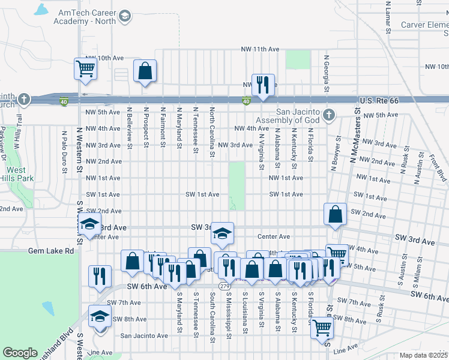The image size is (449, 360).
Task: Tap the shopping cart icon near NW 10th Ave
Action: click(x=85, y=68)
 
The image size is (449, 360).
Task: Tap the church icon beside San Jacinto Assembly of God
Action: click(x=328, y=115)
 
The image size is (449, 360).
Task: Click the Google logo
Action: click(x=20, y=353)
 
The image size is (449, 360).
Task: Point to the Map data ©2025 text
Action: click(x=423, y=355)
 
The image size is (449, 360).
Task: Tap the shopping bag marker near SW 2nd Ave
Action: click(x=335, y=214)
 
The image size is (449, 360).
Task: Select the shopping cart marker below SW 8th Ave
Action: click(x=322, y=328)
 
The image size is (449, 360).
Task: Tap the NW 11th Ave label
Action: click(x=261, y=49)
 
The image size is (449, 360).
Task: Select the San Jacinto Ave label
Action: click(x=144, y=335)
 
